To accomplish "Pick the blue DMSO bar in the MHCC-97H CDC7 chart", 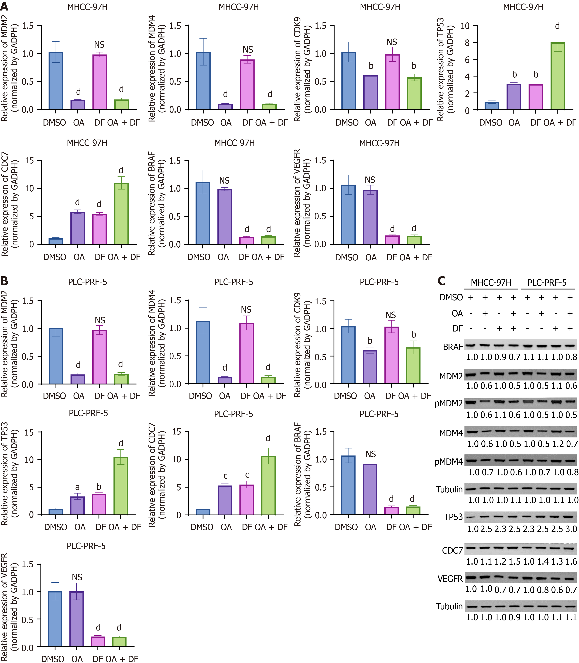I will coord(56,241).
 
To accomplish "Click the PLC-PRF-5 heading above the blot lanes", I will coord(547,283).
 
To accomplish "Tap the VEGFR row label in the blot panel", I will coord(450,578).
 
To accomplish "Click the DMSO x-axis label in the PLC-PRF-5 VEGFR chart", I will coord(53,659).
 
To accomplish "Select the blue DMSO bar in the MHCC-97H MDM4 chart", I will coord(203,81).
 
